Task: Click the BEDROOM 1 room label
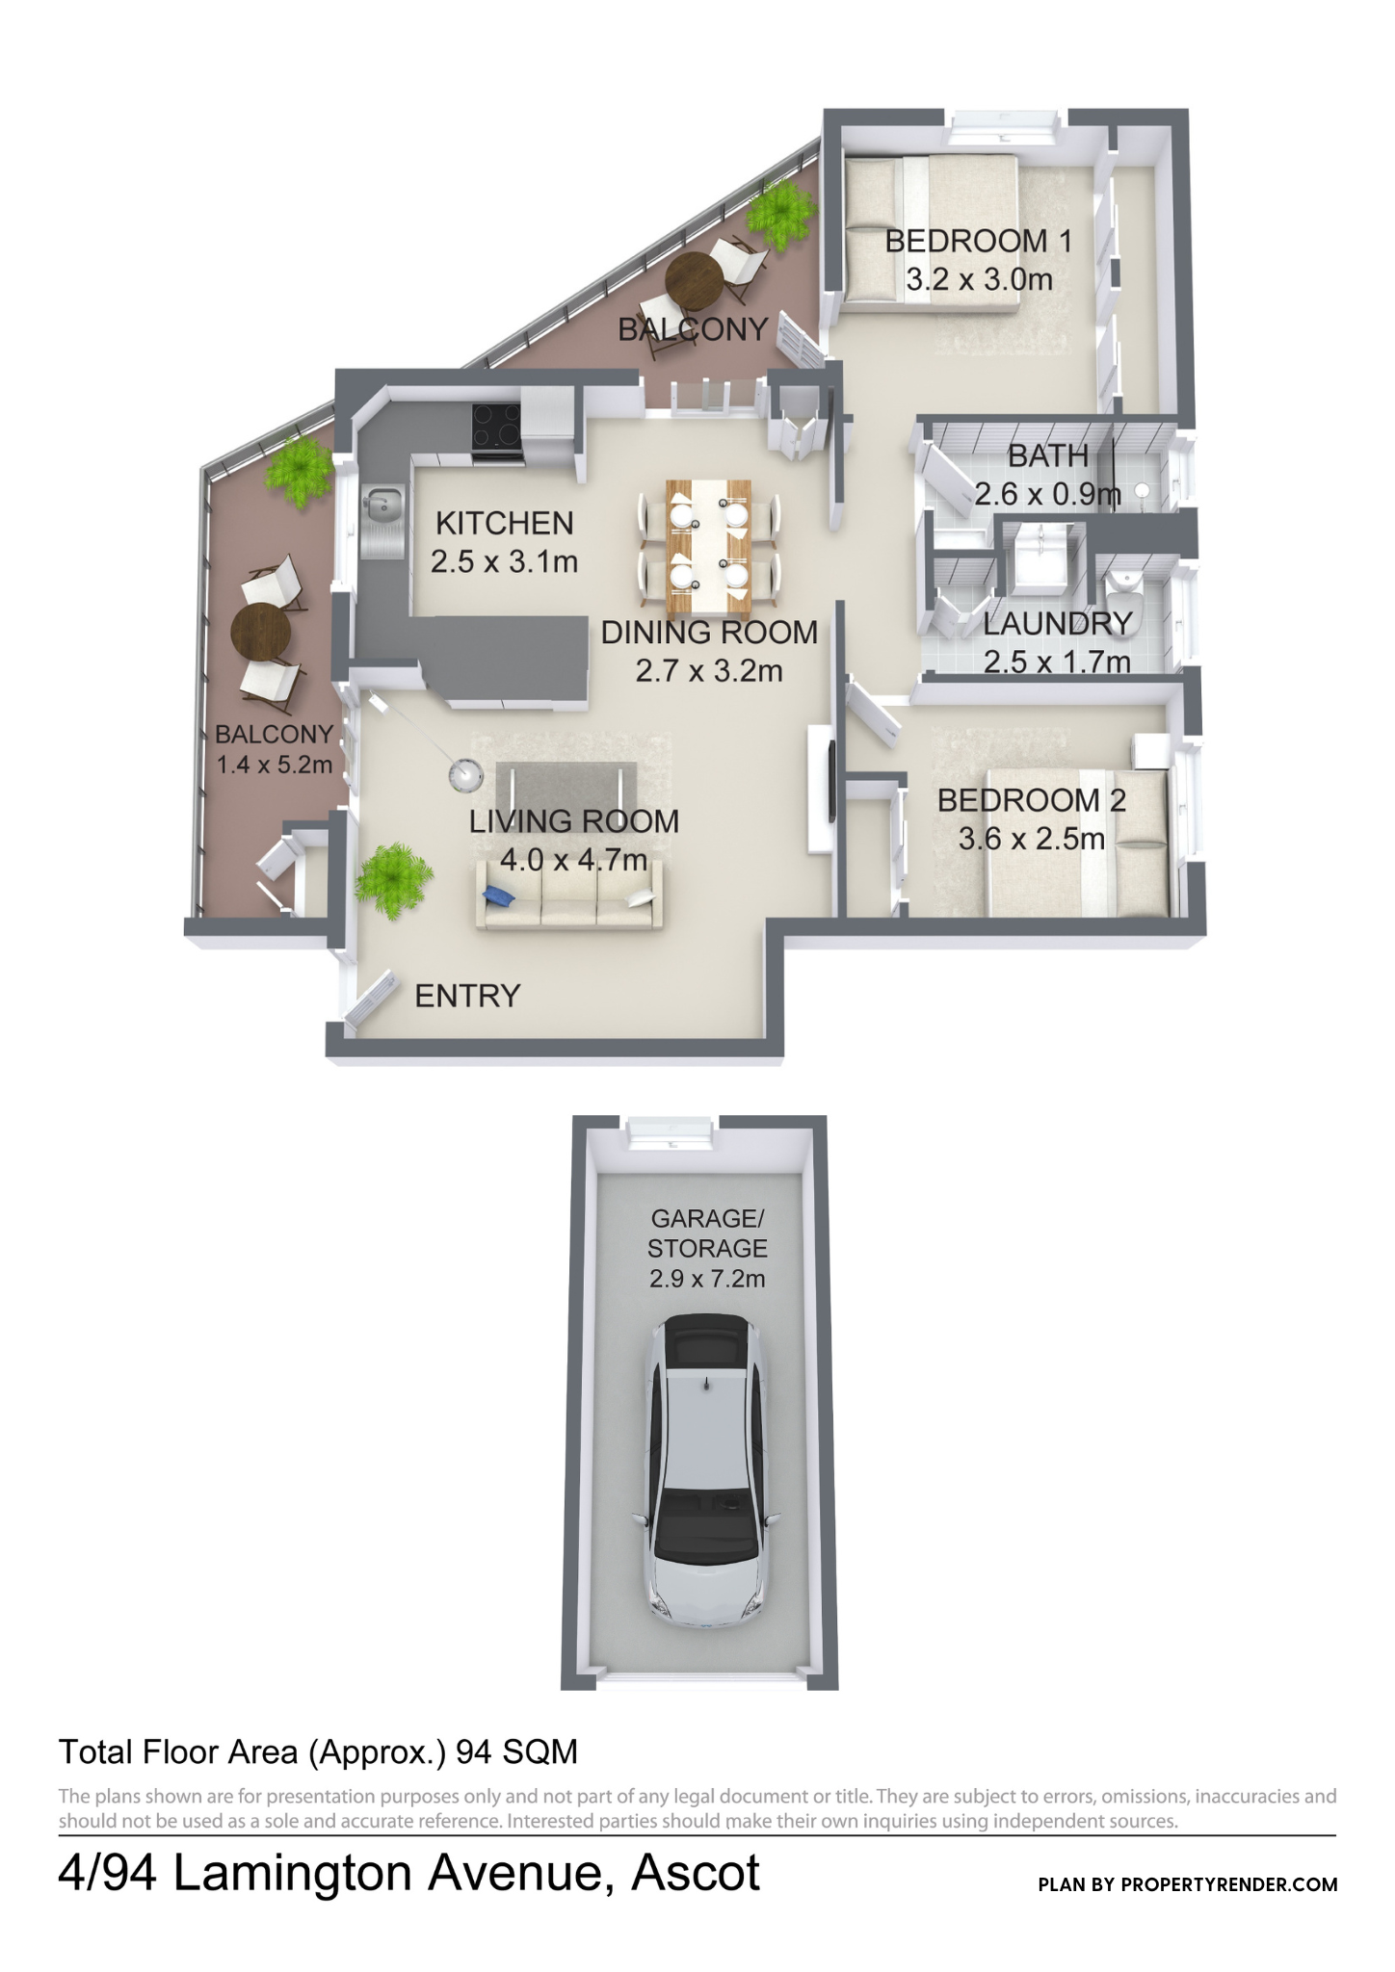click(x=978, y=241)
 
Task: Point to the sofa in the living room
click(x=570, y=895)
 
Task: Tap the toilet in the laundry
click(x=1122, y=599)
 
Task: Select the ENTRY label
click(x=467, y=996)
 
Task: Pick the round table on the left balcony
click(x=261, y=632)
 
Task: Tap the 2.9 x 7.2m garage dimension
click(x=707, y=1279)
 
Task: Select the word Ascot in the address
click(x=696, y=1873)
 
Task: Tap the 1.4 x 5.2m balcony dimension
click(x=275, y=765)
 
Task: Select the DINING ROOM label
click(x=709, y=633)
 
